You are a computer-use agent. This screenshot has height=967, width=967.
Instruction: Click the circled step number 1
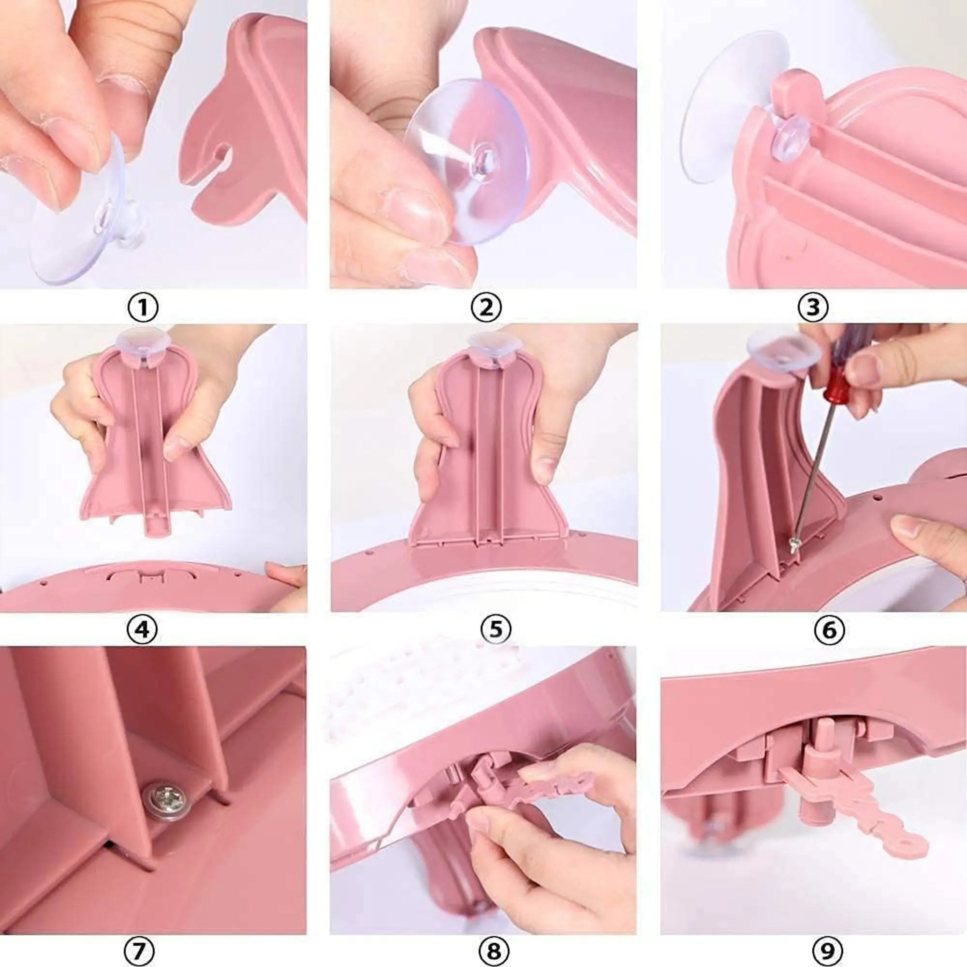[x=143, y=308]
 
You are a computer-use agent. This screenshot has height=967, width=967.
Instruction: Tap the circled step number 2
[x=486, y=308]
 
